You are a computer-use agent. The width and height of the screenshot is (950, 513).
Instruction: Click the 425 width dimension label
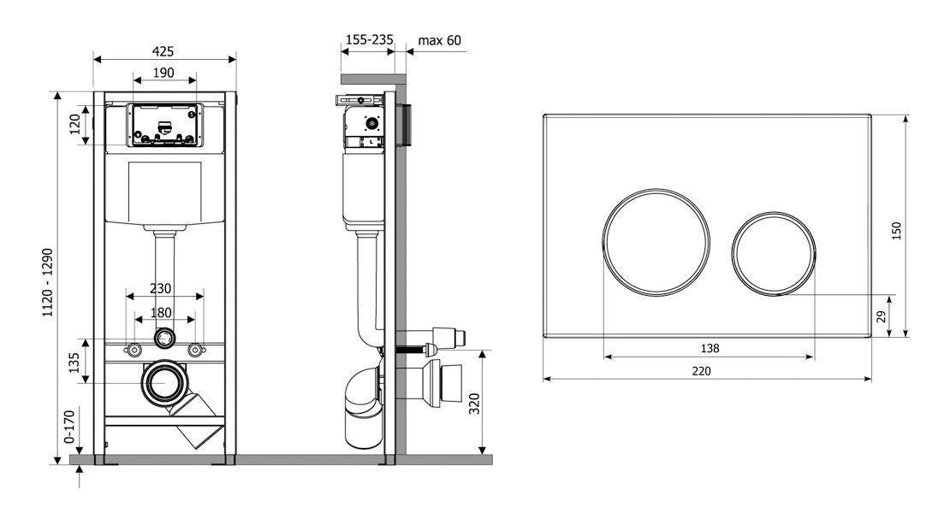point(163,51)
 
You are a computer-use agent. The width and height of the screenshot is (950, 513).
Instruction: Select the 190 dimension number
point(163,73)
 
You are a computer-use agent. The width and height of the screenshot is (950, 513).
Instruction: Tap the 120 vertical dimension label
point(75,124)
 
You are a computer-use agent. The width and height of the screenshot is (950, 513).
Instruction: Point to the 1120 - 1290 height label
point(47,282)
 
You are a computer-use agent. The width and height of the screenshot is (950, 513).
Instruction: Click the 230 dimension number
point(161,289)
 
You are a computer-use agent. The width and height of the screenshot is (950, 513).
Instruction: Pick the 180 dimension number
point(161,313)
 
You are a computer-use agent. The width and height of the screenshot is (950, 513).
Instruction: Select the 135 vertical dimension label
point(74,363)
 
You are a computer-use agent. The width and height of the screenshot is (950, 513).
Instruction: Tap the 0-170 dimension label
point(69,427)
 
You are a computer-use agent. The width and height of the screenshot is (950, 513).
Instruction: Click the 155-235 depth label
point(369,39)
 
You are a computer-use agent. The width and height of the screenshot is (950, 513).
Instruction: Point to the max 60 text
point(439,40)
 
